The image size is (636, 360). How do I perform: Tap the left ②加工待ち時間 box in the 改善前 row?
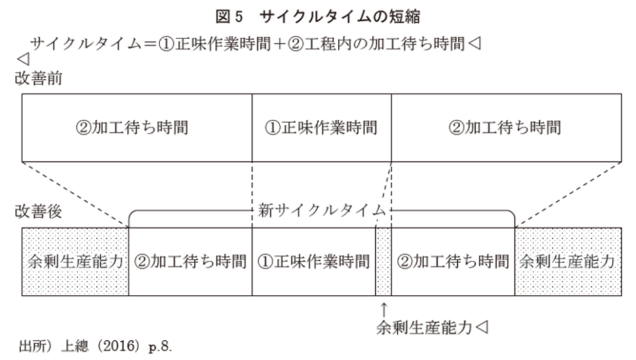tap(137, 128)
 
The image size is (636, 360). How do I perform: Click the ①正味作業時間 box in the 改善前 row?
tap(321, 128)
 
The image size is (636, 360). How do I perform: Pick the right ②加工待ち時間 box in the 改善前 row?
tap(507, 128)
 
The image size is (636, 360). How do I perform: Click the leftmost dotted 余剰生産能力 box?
tap(75, 261)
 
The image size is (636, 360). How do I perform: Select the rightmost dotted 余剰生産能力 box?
tap(568, 261)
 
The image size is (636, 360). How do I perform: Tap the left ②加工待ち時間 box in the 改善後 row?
tap(190, 261)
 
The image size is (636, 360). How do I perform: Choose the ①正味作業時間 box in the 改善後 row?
tap(313, 261)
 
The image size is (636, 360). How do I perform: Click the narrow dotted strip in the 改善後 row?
tap(383, 261)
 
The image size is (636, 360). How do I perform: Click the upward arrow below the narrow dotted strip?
tap(384, 308)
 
